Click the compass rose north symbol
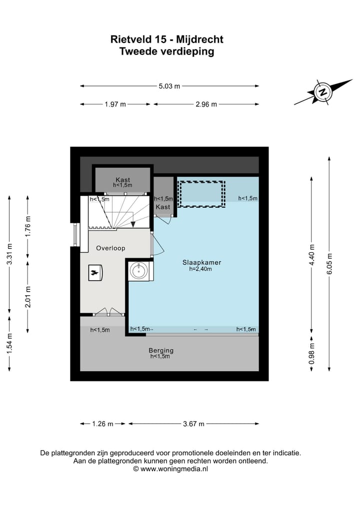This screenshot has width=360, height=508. (322, 92)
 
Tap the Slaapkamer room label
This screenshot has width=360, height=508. (202, 262)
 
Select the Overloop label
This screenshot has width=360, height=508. (110, 248)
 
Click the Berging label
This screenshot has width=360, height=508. (160, 351)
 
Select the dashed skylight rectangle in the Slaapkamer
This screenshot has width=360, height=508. (201, 194)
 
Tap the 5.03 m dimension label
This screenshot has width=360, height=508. (169, 86)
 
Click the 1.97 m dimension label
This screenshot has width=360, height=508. (115, 104)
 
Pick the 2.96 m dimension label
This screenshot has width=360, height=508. (206, 104)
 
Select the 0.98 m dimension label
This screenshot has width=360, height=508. (312, 353)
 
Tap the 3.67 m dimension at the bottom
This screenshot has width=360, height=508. (194, 424)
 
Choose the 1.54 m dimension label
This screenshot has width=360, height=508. (9, 344)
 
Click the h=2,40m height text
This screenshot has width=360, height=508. (200, 269)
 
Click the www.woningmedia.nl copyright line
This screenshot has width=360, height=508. (170, 469)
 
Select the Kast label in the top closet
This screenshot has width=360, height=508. (122, 180)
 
